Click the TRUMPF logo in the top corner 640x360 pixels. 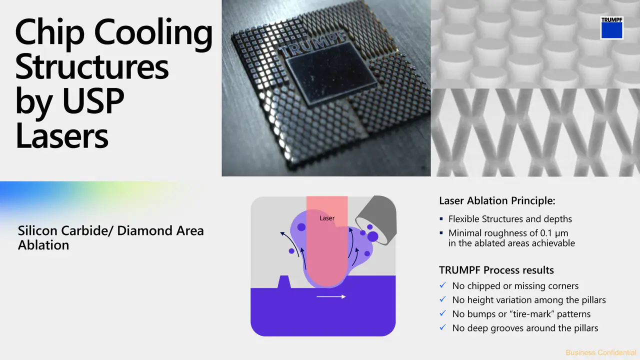tap(611, 27)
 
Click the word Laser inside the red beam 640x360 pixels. tap(327, 218)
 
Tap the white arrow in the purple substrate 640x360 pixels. tap(331, 296)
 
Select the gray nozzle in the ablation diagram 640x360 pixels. tap(376, 219)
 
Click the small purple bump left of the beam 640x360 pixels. tap(284, 282)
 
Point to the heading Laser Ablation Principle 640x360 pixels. tap(497, 200)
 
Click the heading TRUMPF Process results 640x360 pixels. tap(496, 270)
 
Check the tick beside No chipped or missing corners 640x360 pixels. tap(443, 285)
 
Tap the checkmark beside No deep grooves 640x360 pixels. tap(443, 327)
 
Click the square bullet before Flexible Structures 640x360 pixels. tap(441, 219)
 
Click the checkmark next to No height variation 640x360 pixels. tap(443, 299)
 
